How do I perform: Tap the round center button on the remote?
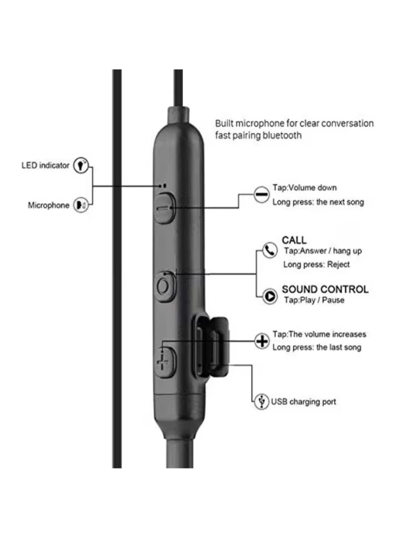tap(164, 286)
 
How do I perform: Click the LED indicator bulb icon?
tap(80, 166)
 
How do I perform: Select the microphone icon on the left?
tap(80, 205)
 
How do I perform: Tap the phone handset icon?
tap(269, 251)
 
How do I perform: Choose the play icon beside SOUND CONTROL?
tap(270, 296)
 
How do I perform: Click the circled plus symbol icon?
tap(261, 341)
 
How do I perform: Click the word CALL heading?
tap(294, 240)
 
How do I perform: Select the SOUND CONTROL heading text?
tap(325, 289)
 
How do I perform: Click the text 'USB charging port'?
tap(303, 401)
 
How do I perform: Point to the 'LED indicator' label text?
tap(45, 166)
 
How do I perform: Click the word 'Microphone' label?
tap(48, 206)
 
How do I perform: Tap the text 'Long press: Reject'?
tap(316, 264)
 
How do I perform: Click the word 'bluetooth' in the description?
tap(281, 136)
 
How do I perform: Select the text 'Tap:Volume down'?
tap(305, 188)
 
